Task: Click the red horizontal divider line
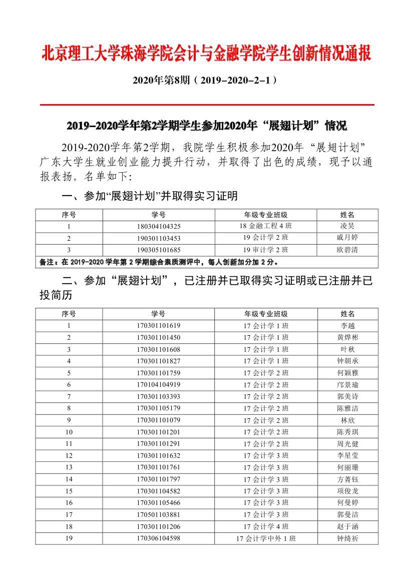(206, 105)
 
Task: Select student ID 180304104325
(158, 226)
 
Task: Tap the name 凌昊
(347, 226)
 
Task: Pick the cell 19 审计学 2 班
(266, 250)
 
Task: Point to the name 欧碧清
(347, 250)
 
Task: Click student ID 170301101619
(158, 326)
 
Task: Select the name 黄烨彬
(347, 337)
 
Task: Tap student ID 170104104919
(158, 385)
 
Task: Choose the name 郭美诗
(347, 396)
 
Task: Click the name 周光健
(347, 444)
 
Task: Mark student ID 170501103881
(158, 514)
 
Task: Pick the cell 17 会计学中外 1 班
(266, 538)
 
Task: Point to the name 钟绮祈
(347, 538)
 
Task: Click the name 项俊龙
(347, 491)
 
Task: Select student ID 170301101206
(158, 526)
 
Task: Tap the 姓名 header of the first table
(347, 215)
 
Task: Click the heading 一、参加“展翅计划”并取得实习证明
(149, 196)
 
